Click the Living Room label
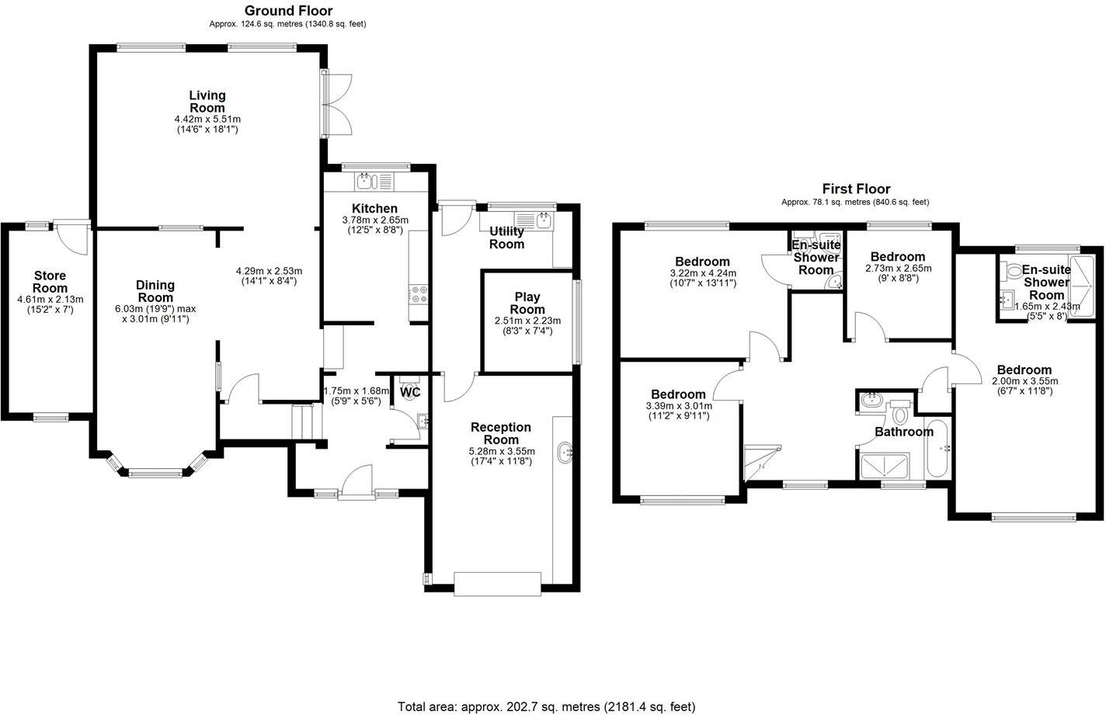click(207, 102)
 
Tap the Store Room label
click(50, 282)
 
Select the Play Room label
click(527, 303)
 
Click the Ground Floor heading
click(288, 11)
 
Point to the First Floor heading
click(856, 189)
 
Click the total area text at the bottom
click(546, 706)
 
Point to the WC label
click(410, 393)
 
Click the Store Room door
click(75, 237)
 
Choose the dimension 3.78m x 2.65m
click(375, 220)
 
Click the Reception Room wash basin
click(565, 450)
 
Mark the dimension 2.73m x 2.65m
click(898, 269)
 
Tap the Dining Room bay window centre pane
click(157, 472)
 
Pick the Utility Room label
click(506, 238)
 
